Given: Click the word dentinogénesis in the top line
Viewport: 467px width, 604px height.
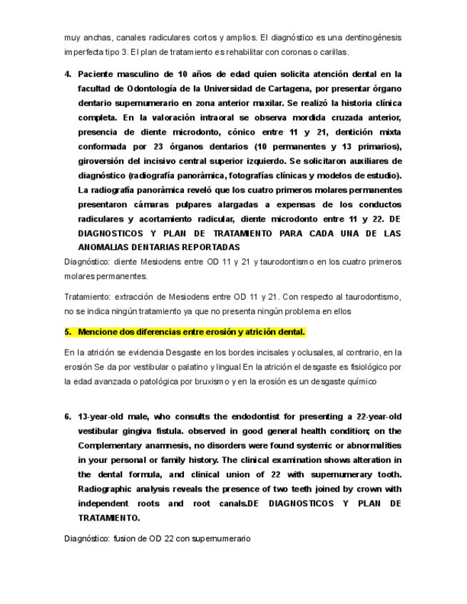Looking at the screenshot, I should [x=369, y=37].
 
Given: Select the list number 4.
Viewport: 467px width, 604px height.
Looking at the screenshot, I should [x=68, y=74].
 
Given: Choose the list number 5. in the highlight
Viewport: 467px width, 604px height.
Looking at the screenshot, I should [x=68, y=332].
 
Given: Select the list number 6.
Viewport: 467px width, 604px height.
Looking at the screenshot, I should [x=68, y=417].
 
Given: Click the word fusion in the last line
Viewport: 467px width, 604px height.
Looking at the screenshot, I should [x=124, y=539].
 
